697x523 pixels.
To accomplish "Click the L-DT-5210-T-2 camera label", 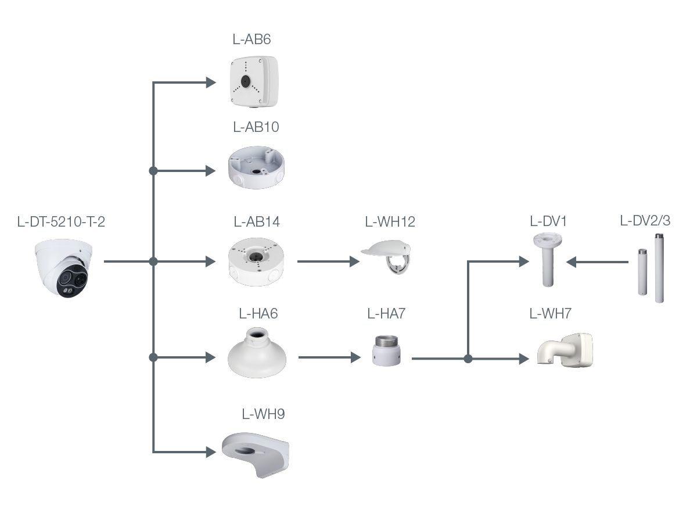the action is (61, 221).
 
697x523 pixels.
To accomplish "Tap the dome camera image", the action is (64, 268).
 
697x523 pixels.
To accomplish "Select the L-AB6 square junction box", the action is (254, 81).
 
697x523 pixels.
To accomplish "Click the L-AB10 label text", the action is (256, 127).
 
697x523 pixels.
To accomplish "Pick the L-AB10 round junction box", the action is (256, 168).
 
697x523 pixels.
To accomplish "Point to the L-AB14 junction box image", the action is (256, 262).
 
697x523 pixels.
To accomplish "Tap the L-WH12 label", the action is (390, 221).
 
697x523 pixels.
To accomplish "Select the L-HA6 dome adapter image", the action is (257, 353).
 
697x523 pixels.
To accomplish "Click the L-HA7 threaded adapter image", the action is (386, 351).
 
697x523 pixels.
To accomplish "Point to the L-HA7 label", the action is (386, 314).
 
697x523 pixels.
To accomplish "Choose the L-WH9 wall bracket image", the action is (256, 455).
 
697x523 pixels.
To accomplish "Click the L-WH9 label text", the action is (263, 414).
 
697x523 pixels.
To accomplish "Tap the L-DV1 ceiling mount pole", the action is (548, 260).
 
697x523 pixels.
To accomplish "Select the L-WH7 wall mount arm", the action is (565, 350).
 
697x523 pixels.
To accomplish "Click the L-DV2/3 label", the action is (645, 221).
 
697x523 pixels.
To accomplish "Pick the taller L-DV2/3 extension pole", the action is (659, 268).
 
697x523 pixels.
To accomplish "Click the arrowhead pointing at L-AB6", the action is (211, 83).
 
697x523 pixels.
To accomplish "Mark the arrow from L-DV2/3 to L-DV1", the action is (597, 262).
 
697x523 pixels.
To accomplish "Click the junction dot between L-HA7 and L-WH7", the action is (468, 359).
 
